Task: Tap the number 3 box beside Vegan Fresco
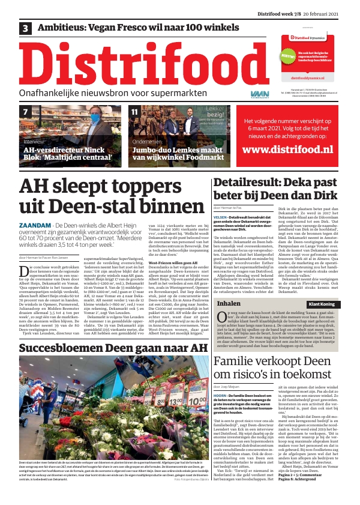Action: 26,28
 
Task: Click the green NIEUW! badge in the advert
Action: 287,55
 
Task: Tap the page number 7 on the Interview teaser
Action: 26,112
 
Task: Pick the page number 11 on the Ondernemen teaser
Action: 134,112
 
